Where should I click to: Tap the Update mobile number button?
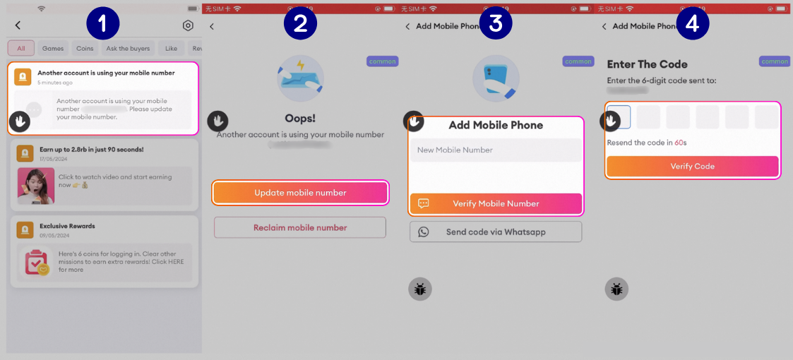coord(300,193)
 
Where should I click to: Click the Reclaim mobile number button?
coord(300,227)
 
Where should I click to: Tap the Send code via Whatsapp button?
coord(496,232)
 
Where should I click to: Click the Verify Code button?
coord(692,167)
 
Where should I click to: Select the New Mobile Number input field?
coord(496,150)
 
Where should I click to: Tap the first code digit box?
coord(619,116)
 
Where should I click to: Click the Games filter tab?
coord(53,49)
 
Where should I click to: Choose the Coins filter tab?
coord(85,49)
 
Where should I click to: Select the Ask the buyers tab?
coord(128,49)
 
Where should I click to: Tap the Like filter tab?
coord(172,49)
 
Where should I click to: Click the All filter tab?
coord(21,49)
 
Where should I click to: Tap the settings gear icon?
coord(188,25)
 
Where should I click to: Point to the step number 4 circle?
coord(692,23)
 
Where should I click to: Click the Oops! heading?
coord(300,117)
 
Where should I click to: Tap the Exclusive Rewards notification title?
coord(67,226)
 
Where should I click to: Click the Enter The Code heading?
coord(647,64)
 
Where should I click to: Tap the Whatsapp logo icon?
coord(424,232)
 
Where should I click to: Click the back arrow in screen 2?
coord(212,27)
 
